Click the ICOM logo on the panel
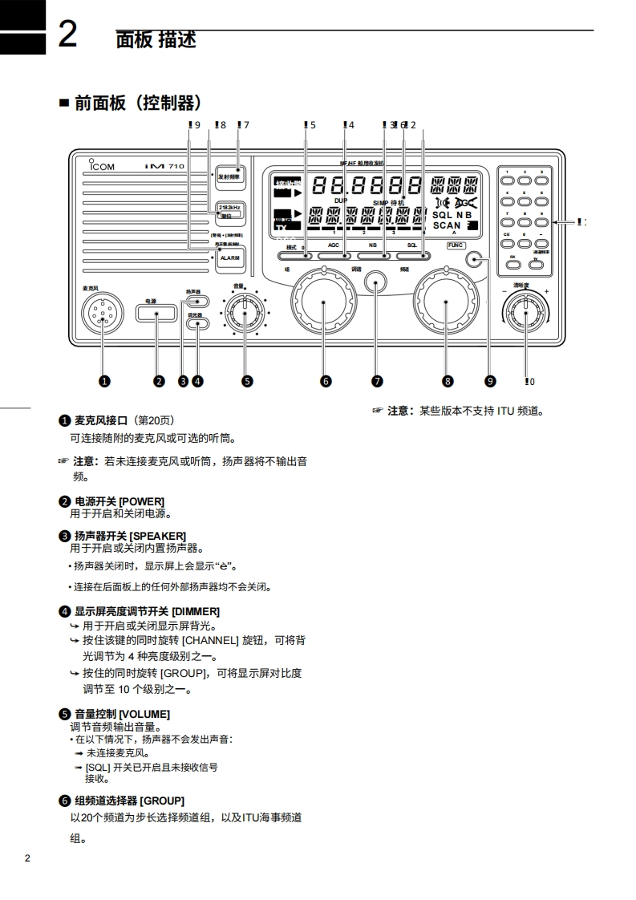pos(101,166)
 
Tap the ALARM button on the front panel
pos(229,258)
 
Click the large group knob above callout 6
pos(325,302)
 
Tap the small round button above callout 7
pos(375,282)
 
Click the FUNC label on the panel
pos(456,245)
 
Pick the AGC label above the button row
pos(334,244)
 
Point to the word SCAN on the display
pos(447,226)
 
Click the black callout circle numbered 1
pos(104,381)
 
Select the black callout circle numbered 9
pos(491,381)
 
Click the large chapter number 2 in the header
pos(67,35)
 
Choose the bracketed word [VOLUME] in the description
pos(144,714)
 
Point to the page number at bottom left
pos(27,858)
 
